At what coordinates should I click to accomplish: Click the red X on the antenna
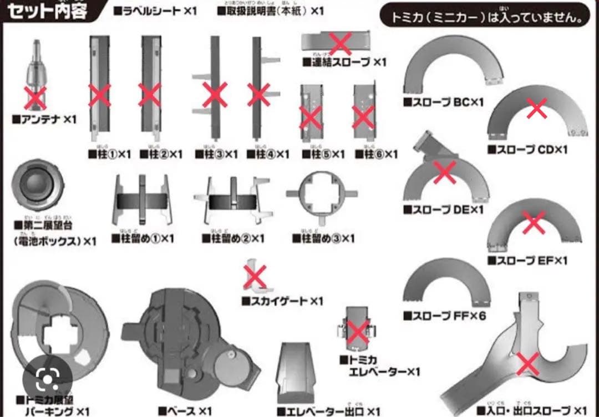click(37, 97)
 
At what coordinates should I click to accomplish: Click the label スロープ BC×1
click(444, 102)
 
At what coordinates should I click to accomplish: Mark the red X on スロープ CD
click(536, 109)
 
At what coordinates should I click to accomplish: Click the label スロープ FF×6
click(444, 316)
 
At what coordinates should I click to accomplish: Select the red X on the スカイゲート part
click(255, 276)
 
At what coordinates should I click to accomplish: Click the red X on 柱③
click(214, 95)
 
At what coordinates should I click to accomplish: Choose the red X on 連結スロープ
click(340, 43)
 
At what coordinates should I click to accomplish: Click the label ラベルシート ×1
click(155, 11)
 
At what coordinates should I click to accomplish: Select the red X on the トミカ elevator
click(357, 331)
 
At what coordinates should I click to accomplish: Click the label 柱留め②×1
click(233, 239)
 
